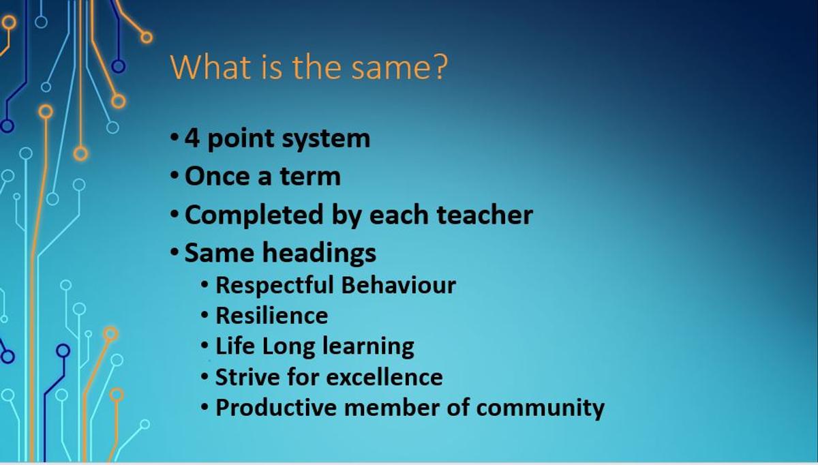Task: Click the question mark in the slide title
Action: [x=441, y=67]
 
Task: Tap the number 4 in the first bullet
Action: [x=192, y=138]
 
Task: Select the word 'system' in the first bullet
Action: [x=326, y=140]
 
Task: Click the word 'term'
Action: [x=310, y=177]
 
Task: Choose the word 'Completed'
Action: [x=254, y=215]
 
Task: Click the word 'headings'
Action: [x=319, y=253]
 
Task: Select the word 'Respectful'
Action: [x=275, y=285]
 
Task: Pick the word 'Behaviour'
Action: [x=399, y=285]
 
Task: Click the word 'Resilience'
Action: [x=272, y=316]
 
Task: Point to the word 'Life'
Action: [x=235, y=346]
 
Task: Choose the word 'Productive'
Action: [x=276, y=408]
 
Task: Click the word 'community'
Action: [x=541, y=408]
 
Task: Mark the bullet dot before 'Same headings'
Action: [x=175, y=252]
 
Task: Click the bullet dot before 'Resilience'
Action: [x=205, y=315]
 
